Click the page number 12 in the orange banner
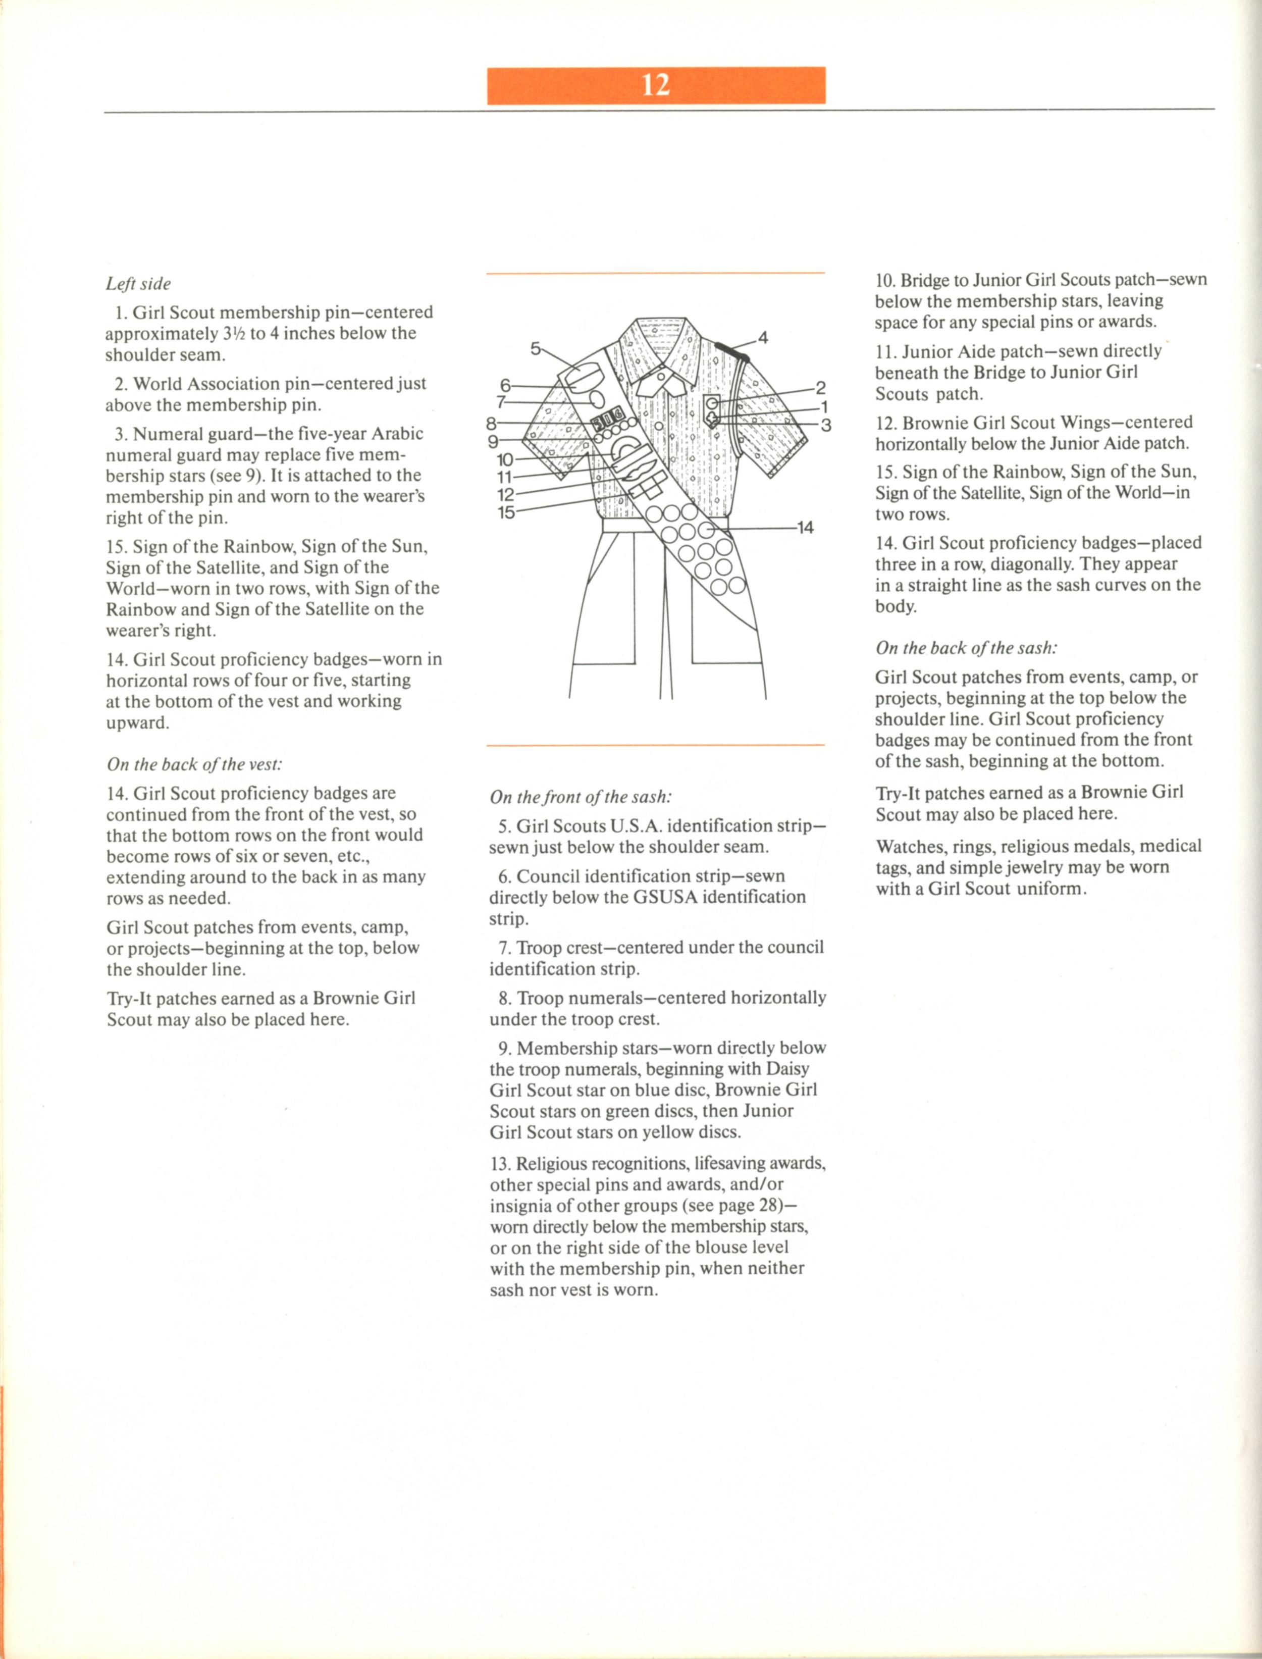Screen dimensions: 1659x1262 click(x=656, y=85)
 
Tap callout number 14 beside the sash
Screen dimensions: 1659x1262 click(x=805, y=528)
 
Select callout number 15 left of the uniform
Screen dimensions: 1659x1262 click(x=506, y=512)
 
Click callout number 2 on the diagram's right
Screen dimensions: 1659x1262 click(x=820, y=388)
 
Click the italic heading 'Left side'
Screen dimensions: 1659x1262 click(x=138, y=284)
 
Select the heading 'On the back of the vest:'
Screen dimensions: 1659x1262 click(x=194, y=765)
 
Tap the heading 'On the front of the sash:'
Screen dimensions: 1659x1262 click(x=581, y=797)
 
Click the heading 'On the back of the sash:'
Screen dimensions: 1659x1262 click(x=966, y=648)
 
